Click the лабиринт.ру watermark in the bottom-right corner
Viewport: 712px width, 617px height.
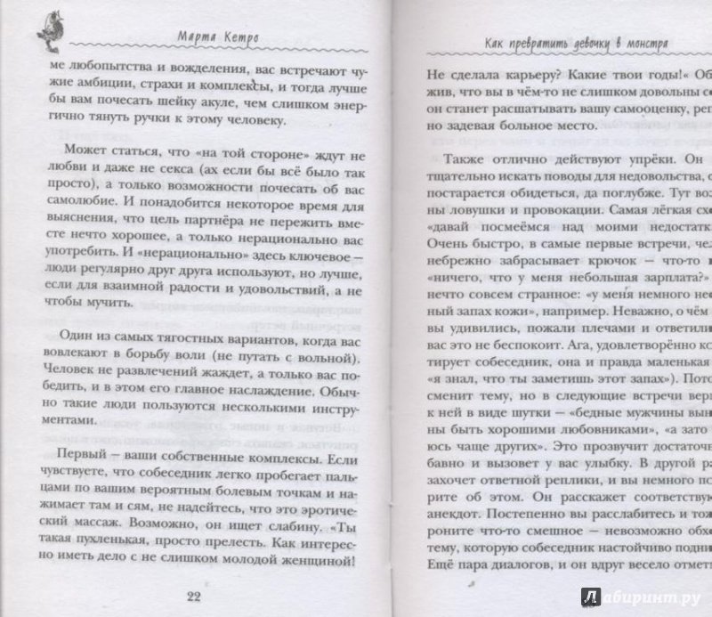tap(643, 597)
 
